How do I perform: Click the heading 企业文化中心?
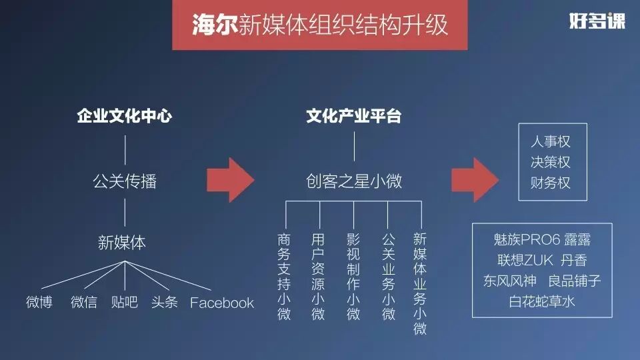(x=125, y=116)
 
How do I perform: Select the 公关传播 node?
(x=125, y=181)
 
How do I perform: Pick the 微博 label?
(x=39, y=302)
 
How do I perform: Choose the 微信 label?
(x=84, y=302)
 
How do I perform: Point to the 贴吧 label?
(x=125, y=302)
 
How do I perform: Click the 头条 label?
(x=165, y=302)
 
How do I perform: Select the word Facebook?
(x=222, y=303)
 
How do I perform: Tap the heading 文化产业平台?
(x=354, y=116)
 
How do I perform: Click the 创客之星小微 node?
(x=354, y=181)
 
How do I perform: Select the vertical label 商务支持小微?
(x=285, y=276)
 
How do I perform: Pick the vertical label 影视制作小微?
(x=353, y=276)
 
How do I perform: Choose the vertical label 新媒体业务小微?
(x=421, y=283)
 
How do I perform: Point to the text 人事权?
(x=551, y=142)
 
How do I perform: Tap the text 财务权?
(x=551, y=183)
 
